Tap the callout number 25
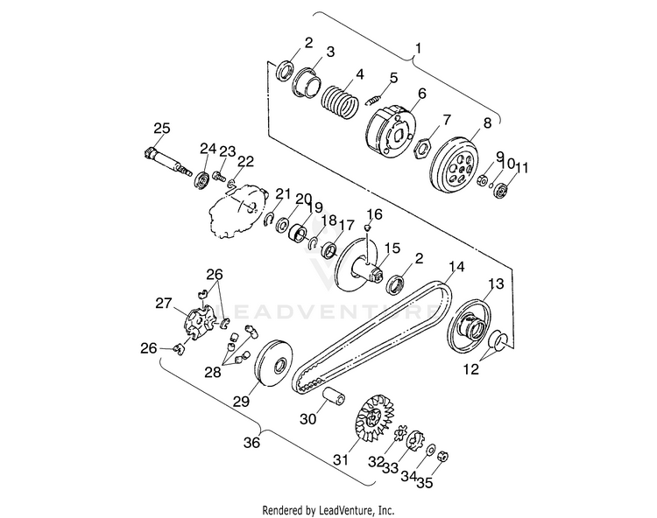pyautogui.click(x=161, y=129)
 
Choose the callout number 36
pyautogui.click(x=252, y=443)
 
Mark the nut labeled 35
pyautogui.click(x=443, y=456)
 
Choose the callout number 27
pyautogui.click(x=163, y=304)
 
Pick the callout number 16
pyautogui.click(x=375, y=214)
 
